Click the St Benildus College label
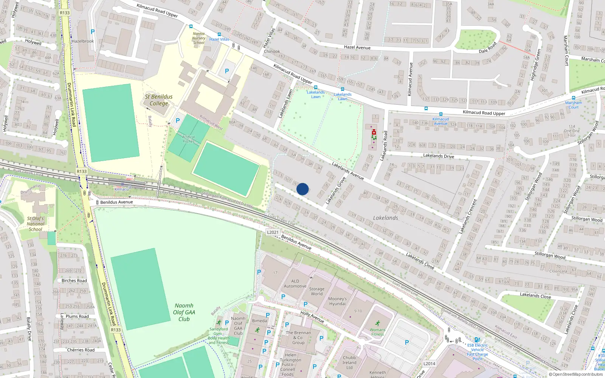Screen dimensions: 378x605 [159, 100]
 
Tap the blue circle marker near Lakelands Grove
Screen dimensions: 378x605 [302, 189]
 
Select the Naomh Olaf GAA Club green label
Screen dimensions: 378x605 [184, 312]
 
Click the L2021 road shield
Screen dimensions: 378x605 [273, 232]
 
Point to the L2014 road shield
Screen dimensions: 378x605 [429, 364]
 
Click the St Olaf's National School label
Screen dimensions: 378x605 [36, 224]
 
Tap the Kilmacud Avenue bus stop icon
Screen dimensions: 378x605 [441, 114]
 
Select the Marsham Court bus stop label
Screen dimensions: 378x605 [574, 105]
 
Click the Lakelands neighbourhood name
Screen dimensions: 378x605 [385, 218]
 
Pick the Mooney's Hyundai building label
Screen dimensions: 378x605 [337, 301]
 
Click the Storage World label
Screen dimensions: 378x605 [317, 291]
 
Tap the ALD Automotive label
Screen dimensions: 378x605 [295, 283]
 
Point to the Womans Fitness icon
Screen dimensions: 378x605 [377, 323]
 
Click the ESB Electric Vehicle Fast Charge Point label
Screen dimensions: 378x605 [477, 352]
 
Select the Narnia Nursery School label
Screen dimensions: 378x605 [199, 38]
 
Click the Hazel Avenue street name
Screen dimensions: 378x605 [357, 48]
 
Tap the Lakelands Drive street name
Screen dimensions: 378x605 [439, 156]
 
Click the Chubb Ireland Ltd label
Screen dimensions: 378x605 [349, 362]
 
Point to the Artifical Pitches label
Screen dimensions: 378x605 [188, 139]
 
